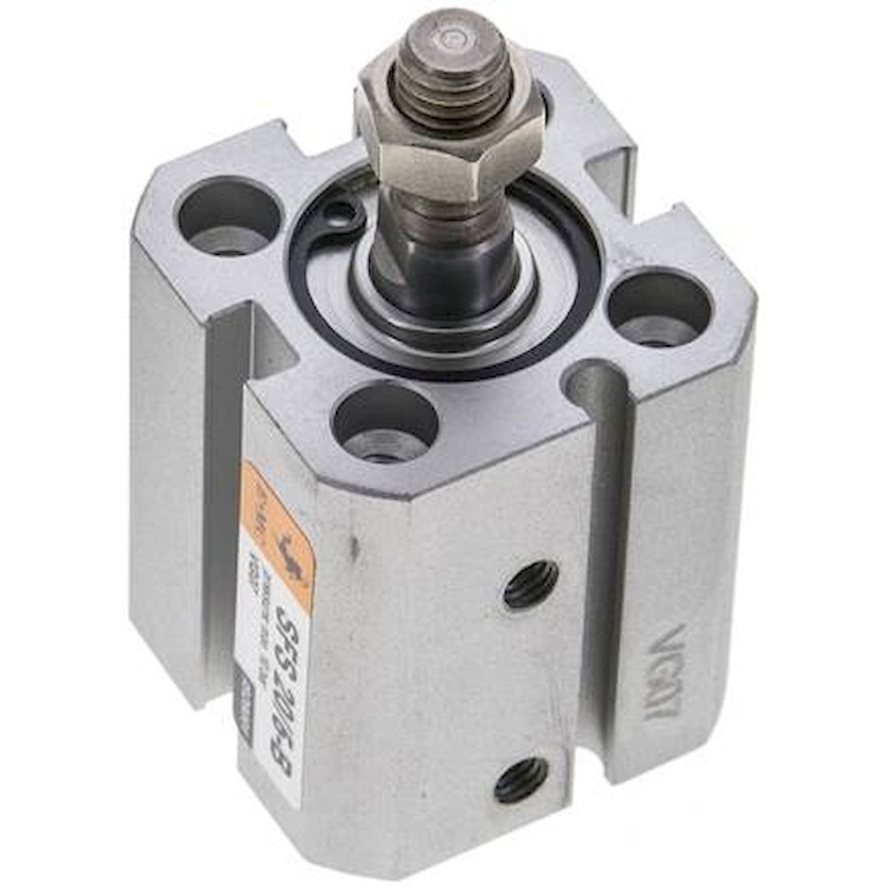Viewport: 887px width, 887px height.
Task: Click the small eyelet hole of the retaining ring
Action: pos(341,212)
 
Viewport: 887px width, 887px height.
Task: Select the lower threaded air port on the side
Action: pos(522,779)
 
